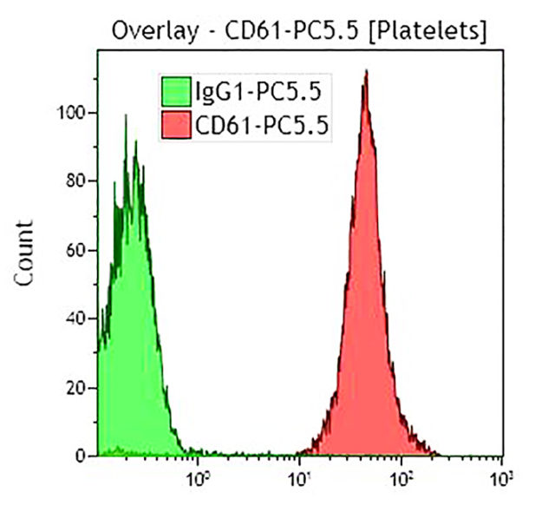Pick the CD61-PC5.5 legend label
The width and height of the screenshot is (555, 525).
point(262,128)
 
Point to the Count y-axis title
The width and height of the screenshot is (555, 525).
point(26,253)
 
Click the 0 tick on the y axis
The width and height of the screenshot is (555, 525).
point(81,456)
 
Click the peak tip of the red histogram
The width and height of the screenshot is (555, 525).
point(367,72)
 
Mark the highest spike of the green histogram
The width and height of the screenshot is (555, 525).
point(126,115)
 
